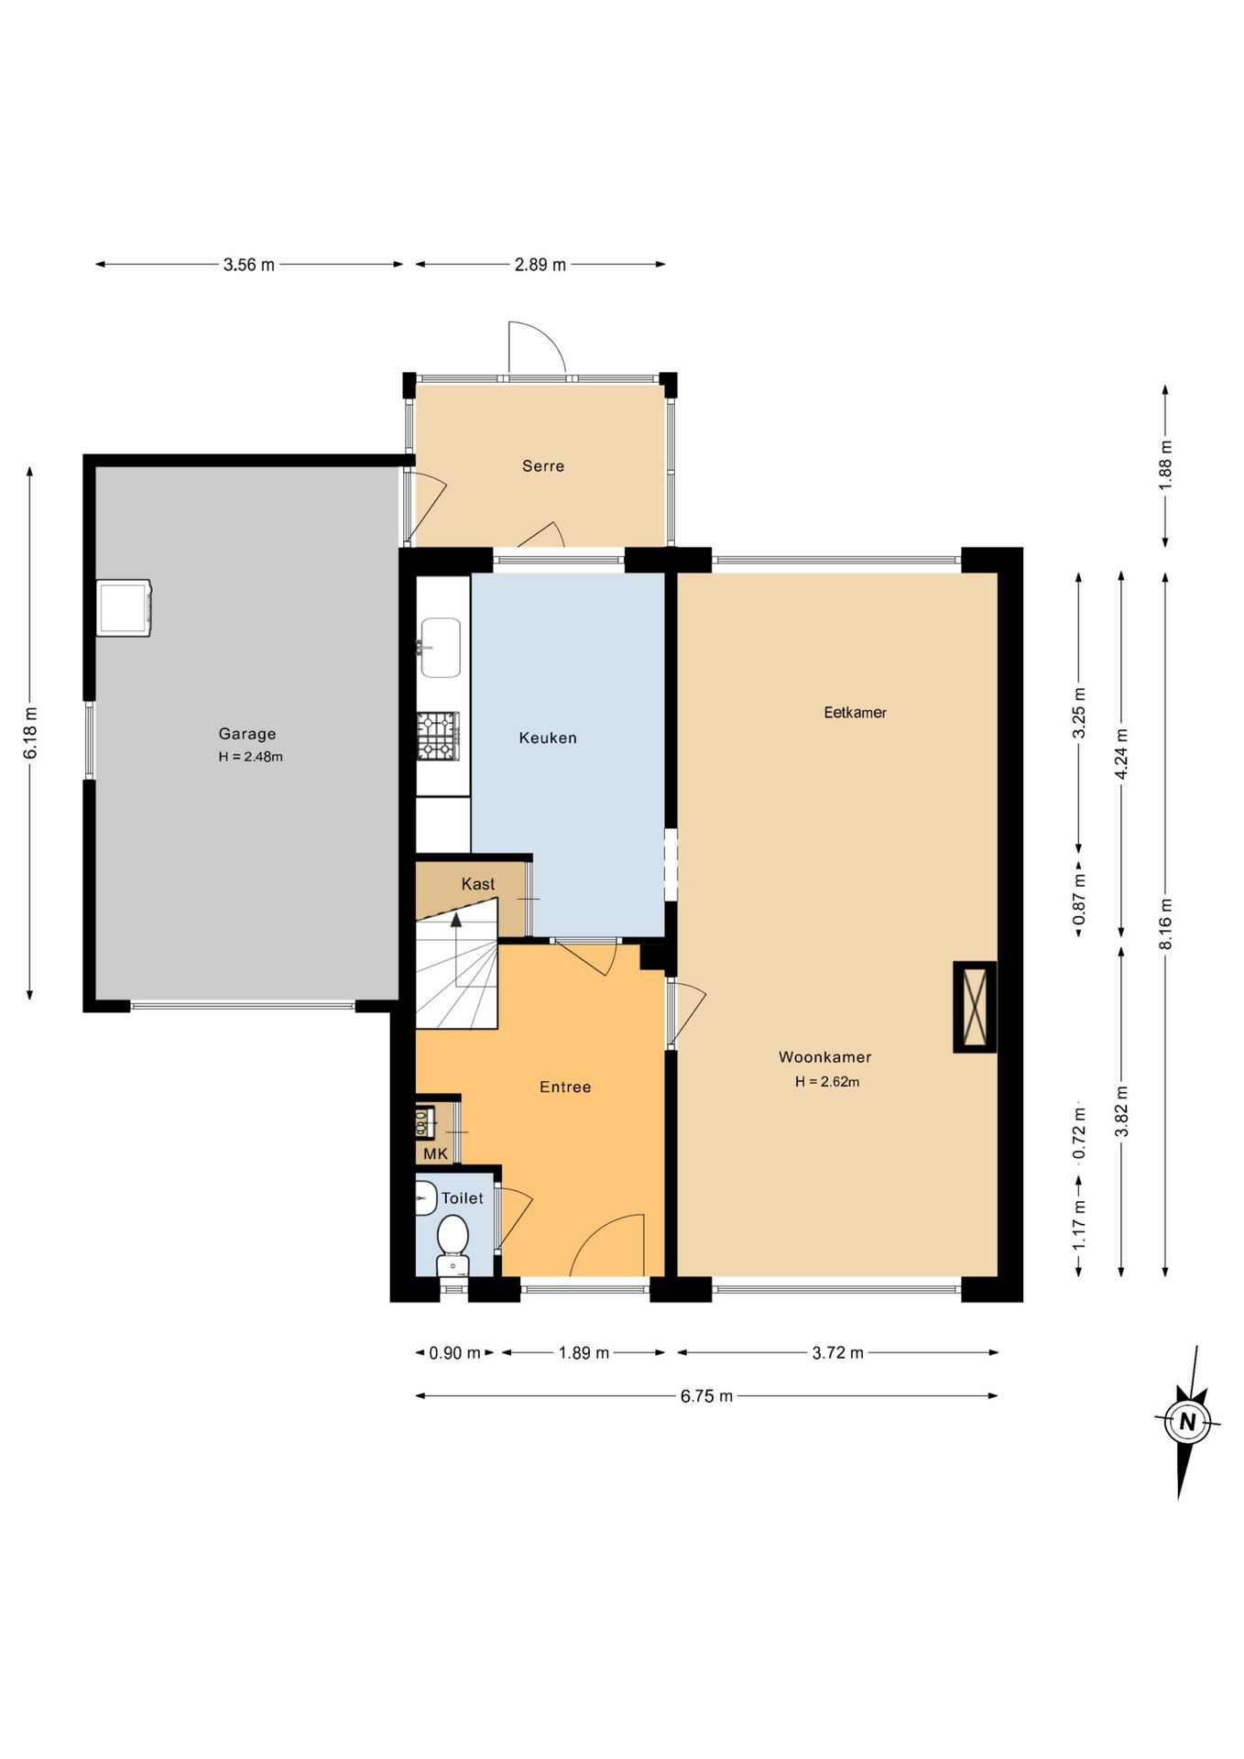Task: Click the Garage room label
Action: point(247,734)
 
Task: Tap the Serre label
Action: point(543,466)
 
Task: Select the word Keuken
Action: point(548,738)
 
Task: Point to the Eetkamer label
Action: point(855,713)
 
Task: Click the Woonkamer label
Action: point(824,1057)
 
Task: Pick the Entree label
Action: point(565,1087)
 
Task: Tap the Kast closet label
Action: point(478,884)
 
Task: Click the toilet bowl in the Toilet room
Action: point(453,1244)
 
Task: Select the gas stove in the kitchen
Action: point(438,737)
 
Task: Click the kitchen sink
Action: point(440,648)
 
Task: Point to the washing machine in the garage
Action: point(125,607)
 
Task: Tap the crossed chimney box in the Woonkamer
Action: point(975,1007)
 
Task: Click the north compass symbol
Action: point(1187,1421)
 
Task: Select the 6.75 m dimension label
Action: point(706,1396)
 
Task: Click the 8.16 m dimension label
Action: point(1165,924)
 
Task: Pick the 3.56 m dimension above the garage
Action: point(249,265)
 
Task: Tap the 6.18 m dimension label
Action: point(30,733)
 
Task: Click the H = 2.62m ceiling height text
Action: point(827,1082)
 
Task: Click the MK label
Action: point(436,1154)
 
